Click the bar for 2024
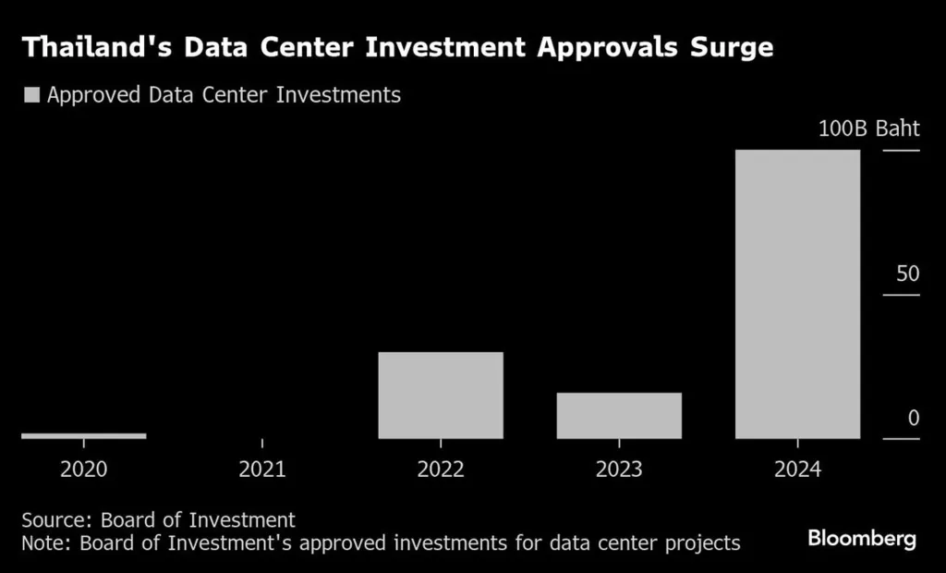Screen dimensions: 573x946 click(797, 294)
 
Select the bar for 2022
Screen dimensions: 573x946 click(441, 395)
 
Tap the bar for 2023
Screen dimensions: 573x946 click(619, 415)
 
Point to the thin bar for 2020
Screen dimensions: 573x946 click(83, 435)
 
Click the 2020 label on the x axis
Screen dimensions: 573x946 click(83, 469)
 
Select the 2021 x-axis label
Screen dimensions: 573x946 click(262, 469)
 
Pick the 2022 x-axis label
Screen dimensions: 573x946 click(441, 469)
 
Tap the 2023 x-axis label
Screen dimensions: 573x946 click(619, 469)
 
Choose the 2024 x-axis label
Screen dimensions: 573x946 click(797, 469)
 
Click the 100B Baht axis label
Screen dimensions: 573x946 click(868, 128)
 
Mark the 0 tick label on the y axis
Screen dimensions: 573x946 click(913, 418)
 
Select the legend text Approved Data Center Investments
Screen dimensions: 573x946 click(224, 94)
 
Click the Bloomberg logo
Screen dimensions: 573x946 click(862, 539)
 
